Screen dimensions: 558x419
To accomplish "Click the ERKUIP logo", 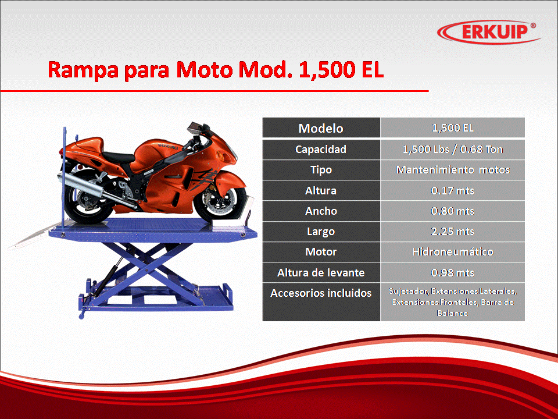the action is (x=489, y=32).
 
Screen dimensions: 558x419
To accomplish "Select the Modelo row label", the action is (x=321, y=128).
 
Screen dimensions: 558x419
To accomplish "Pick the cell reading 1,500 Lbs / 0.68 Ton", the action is (x=452, y=150).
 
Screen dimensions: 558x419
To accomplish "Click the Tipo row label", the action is (x=321, y=170).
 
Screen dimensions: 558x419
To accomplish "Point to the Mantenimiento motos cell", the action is (x=453, y=169).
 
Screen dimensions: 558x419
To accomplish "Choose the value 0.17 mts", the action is (x=452, y=191).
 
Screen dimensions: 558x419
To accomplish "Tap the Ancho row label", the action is (x=321, y=211).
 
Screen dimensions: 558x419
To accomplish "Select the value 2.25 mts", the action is (x=452, y=232).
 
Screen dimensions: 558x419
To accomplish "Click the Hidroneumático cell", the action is (x=453, y=252).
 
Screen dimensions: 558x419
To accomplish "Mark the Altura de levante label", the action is (x=321, y=272).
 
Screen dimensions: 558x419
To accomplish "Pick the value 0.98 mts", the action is (x=452, y=272).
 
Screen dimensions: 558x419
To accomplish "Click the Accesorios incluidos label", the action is (x=321, y=293).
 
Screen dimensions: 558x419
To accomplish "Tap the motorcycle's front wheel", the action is (x=220, y=200).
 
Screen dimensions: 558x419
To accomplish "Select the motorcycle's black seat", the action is (x=117, y=156).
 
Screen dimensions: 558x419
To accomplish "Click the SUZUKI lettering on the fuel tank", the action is (x=167, y=146).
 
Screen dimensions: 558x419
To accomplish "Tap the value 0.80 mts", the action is (x=452, y=211).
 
